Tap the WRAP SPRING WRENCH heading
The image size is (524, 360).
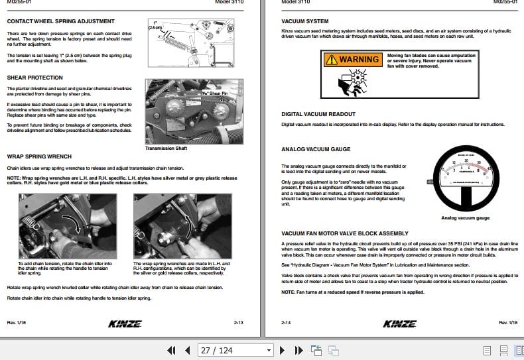tap(38, 156)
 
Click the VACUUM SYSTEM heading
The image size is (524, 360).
tap(304, 21)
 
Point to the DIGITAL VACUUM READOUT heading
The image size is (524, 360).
tap(318, 114)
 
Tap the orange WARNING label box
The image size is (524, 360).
tap(352, 60)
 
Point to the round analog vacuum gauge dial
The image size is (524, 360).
tap(464, 179)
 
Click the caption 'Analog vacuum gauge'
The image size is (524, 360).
tap(465, 218)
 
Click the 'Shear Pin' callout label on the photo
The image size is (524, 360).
tap(215, 94)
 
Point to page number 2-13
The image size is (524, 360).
tap(239, 323)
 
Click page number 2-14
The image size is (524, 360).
tap(287, 323)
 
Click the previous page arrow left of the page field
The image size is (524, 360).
tap(187, 350)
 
